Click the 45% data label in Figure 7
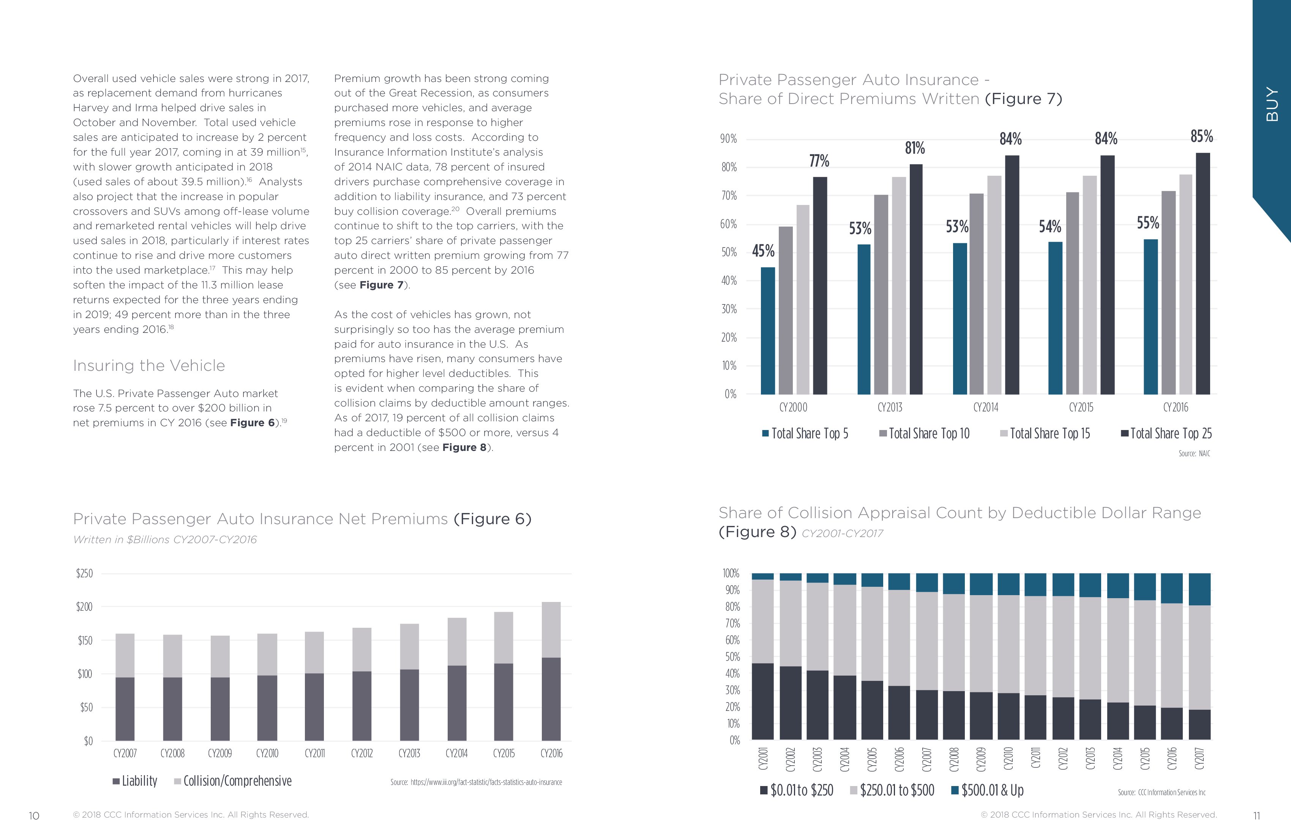point(763,251)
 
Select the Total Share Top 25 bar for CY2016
point(1203,274)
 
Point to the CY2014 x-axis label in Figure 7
point(986,408)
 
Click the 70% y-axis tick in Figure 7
point(729,196)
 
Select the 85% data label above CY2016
point(1201,137)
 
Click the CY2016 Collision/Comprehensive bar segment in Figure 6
point(551,630)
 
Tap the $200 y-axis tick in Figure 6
point(84,607)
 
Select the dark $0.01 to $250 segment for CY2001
point(763,702)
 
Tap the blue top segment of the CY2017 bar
point(1199,589)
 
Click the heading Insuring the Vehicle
point(148,366)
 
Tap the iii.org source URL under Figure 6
point(476,782)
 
